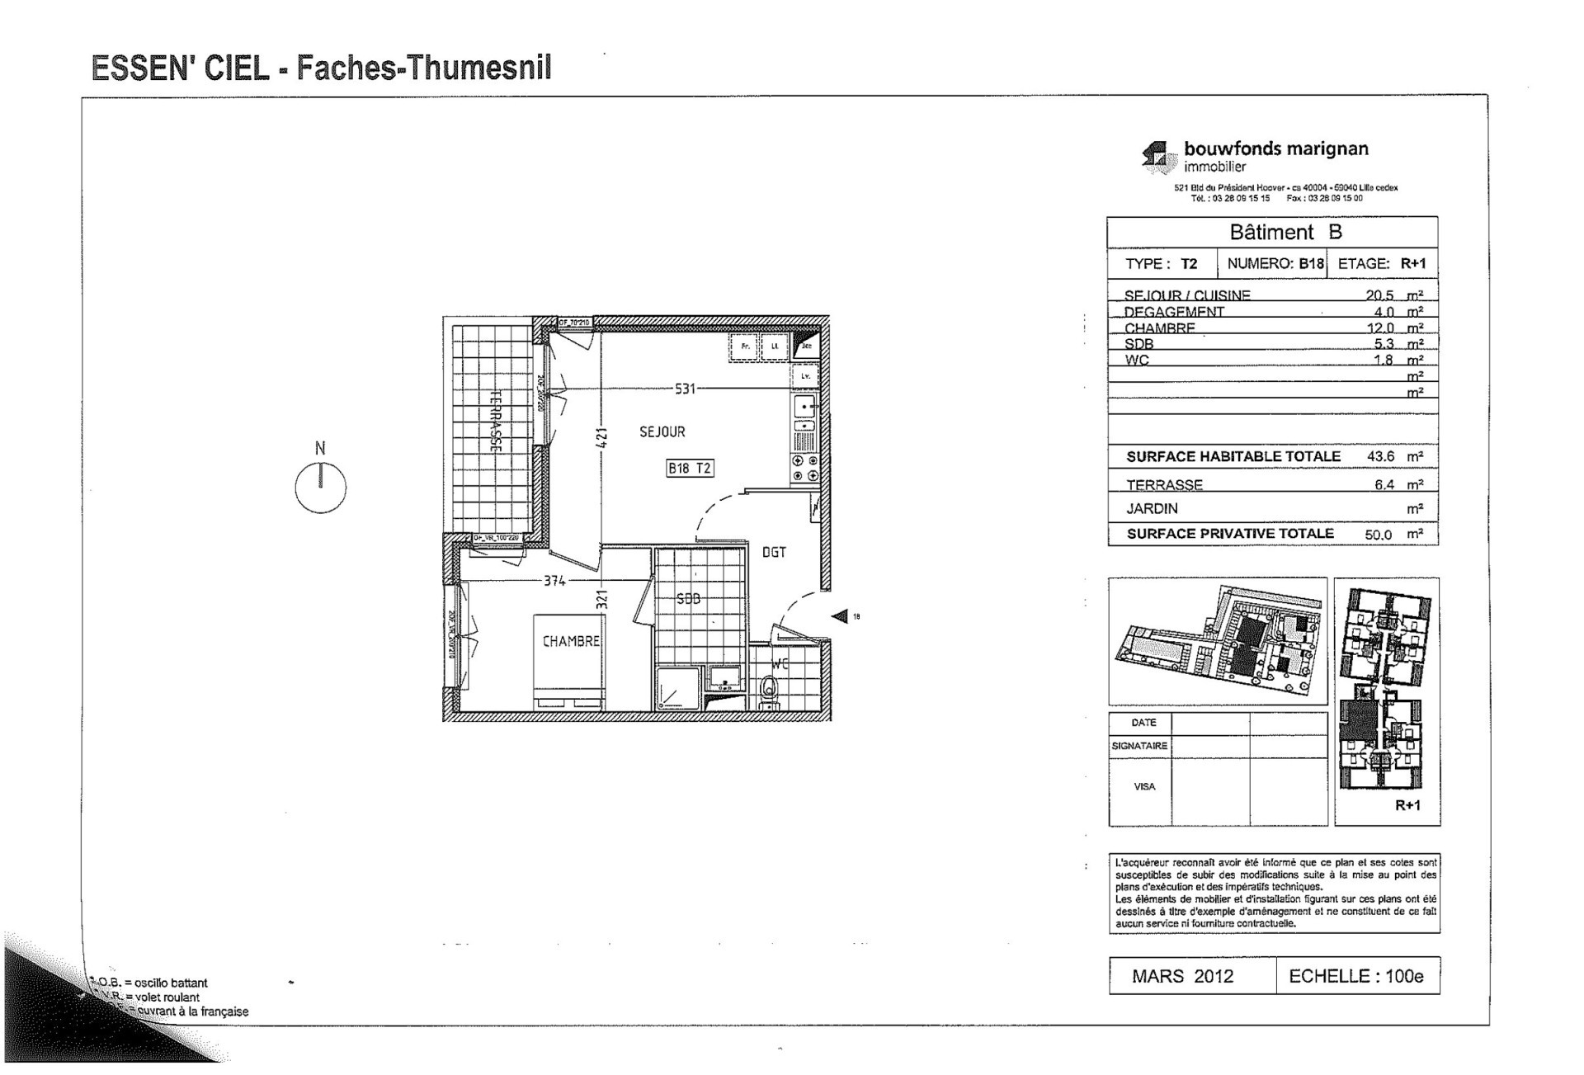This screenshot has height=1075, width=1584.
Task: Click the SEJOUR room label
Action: click(x=662, y=431)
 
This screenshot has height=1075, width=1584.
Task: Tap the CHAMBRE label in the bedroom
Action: click(x=571, y=641)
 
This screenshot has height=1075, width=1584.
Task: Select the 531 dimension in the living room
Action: click(x=686, y=389)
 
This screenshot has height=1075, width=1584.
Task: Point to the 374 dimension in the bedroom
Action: click(x=554, y=581)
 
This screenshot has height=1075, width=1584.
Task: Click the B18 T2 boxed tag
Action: click(x=689, y=469)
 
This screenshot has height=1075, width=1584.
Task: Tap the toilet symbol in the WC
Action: click(x=769, y=690)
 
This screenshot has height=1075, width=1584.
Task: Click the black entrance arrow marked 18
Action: click(x=840, y=616)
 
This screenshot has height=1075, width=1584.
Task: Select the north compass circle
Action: click(x=320, y=488)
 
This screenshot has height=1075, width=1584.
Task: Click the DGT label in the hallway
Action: click(x=774, y=553)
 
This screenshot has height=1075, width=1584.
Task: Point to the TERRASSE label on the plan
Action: click(x=497, y=421)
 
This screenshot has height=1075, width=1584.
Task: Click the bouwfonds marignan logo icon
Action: click(x=1157, y=156)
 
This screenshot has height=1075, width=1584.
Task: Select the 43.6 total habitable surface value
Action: click(x=1380, y=456)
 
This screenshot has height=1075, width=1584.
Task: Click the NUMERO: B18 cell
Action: click(x=1275, y=264)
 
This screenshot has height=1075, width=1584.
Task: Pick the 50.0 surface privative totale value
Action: click(x=1378, y=535)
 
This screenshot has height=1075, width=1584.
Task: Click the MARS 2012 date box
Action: click(x=1182, y=977)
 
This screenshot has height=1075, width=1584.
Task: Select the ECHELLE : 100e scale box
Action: click(x=1355, y=977)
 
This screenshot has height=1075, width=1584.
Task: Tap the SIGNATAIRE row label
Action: click(x=1139, y=746)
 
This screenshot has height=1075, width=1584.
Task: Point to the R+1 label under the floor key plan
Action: click(x=1407, y=805)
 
